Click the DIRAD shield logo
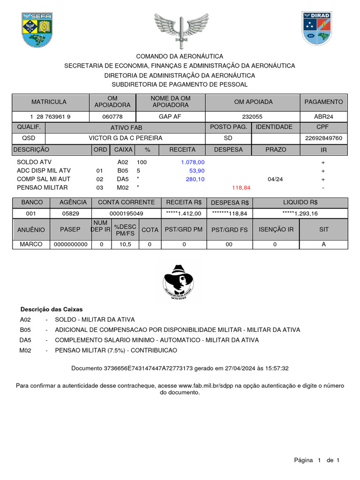pos(317,29)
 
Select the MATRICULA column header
pos(49,102)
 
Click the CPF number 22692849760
pos(324,138)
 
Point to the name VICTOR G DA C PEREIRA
pos(126,138)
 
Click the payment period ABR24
pos(323,117)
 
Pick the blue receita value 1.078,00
pos(192,162)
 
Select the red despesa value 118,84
pos(241,187)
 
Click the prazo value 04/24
pos(275,179)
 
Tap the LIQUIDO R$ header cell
pos(300,202)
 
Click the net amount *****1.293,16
pos(300,213)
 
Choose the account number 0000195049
pos(126,213)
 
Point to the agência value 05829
pos(71,213)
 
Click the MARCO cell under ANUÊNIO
pos(31,244)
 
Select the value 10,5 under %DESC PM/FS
pos(125,244)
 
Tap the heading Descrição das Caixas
pos(51,309)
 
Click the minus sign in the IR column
pos(323,187)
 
